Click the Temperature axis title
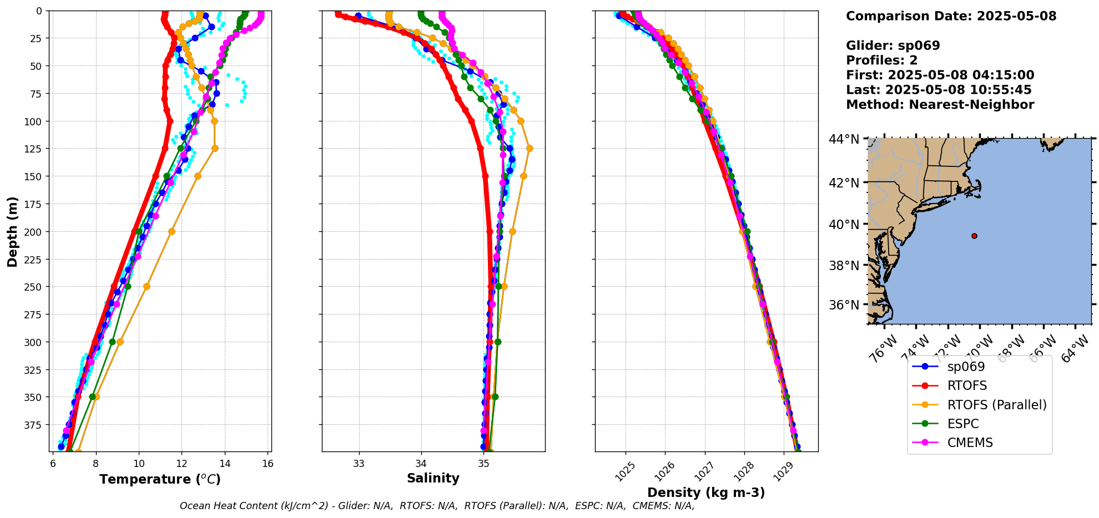160,479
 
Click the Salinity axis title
433,478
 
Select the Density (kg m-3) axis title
706,492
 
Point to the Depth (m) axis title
12,231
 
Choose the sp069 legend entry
966,367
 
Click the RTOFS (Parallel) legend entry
996,405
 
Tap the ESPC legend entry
963,424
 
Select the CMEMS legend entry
970,443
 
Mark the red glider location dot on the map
974,236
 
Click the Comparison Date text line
951,16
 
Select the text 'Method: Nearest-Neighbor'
940,105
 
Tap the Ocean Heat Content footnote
437,506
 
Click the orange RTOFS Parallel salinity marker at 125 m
530,148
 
